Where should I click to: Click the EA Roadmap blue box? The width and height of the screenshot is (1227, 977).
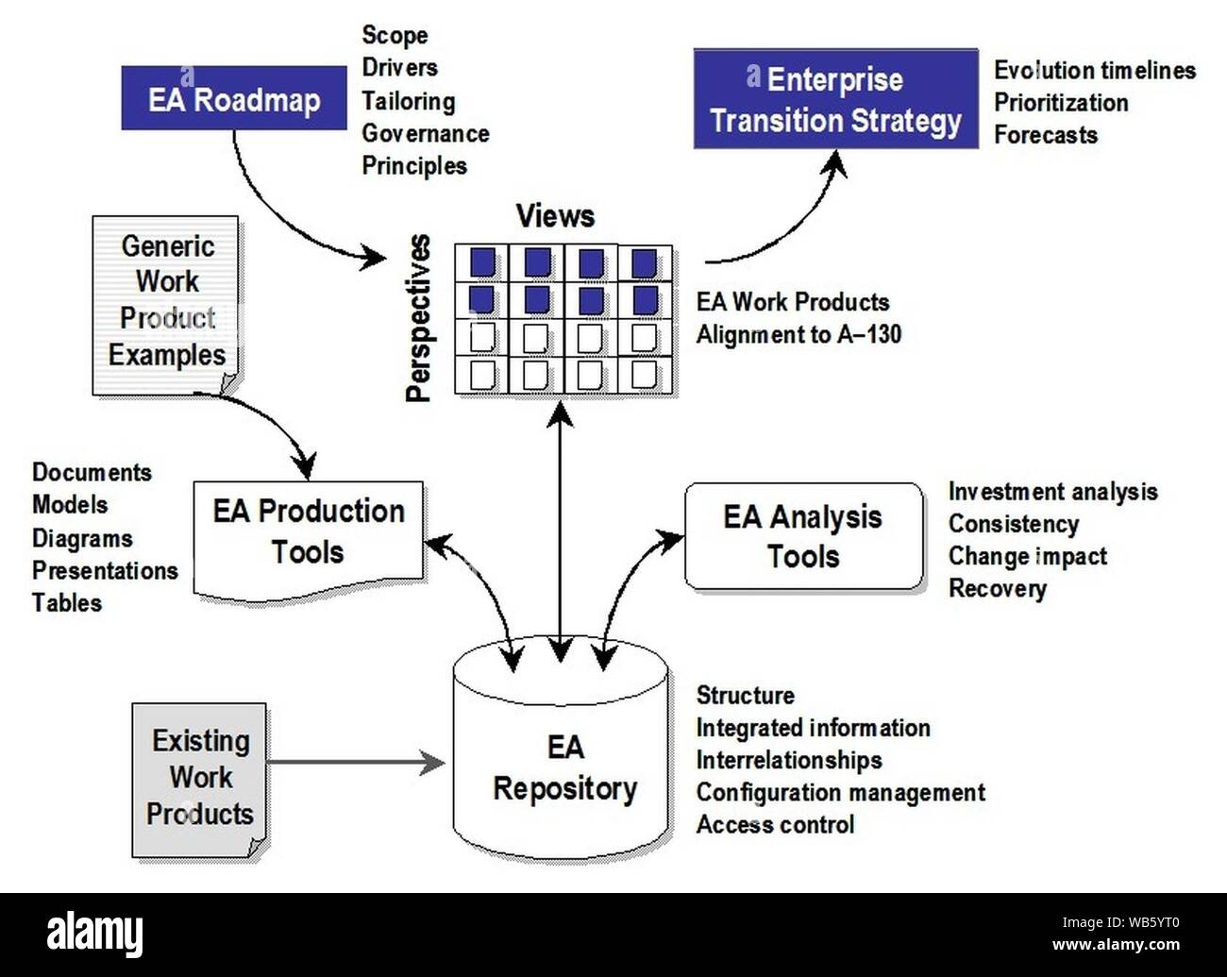(233, 98)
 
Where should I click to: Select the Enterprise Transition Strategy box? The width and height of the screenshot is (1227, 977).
(835, 100)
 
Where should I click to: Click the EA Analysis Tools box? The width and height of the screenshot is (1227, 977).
(803, 536)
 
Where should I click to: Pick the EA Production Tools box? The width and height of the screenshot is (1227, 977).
(308, 533)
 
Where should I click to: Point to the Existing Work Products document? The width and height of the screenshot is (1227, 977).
(199, 778)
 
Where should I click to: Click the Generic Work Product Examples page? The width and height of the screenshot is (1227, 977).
(166, 302)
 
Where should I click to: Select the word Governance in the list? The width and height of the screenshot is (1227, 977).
(425, 133)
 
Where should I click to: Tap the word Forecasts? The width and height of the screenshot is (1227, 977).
(1045, 135)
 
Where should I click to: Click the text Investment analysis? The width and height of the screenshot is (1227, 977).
(1051, 492)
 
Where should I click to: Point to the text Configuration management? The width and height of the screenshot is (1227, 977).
(840, 792)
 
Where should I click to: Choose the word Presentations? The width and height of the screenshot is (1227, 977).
(105, 570)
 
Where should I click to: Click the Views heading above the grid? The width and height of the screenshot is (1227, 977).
(555, 216)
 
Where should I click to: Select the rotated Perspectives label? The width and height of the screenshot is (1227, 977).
(418, 318)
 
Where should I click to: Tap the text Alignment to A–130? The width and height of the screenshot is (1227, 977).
(798, 334)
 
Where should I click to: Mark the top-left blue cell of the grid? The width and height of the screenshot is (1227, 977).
(481, 262)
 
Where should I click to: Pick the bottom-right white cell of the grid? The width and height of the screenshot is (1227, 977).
(646, 374)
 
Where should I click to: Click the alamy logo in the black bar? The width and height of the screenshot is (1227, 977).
(95, 935)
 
